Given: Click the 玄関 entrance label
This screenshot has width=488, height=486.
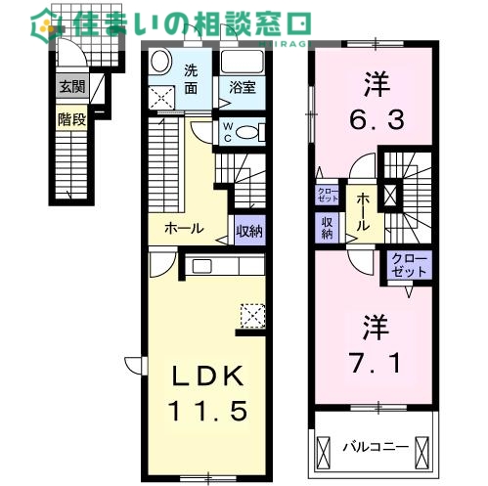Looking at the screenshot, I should pyautogui.click(x=70, y=87).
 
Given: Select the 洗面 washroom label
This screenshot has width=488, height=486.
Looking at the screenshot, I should pyautogui.click(x=192, y=77).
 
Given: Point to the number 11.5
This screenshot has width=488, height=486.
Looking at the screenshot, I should pyautogui.click(x=207, y=410).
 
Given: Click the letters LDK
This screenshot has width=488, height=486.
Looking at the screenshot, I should pyautogui.click(x=207, y=376).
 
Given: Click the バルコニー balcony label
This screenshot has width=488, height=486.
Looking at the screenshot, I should pyautogui.click(x=369, y=448).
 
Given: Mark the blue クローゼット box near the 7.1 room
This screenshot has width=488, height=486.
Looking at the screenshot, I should pyautogui.click(x=407, y=265).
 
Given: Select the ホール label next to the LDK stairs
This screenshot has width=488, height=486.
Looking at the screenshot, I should pyautogui.click(x=184, y=229).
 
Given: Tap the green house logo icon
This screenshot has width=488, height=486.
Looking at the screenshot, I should pyautogui.click(x=47, y=22).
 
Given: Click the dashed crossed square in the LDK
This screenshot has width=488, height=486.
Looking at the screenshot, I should pyautogui.click(x=252, y=315).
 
